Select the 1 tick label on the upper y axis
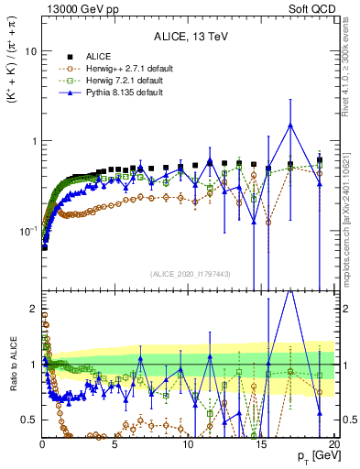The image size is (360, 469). click(x=32, y=141)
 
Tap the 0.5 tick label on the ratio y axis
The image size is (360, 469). click(x=28, y=420)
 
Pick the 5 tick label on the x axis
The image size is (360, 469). click(x=115, y=442)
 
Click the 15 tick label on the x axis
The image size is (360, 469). click(x=261, y=442)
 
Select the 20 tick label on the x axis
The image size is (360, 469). click(x=333, y=442)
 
